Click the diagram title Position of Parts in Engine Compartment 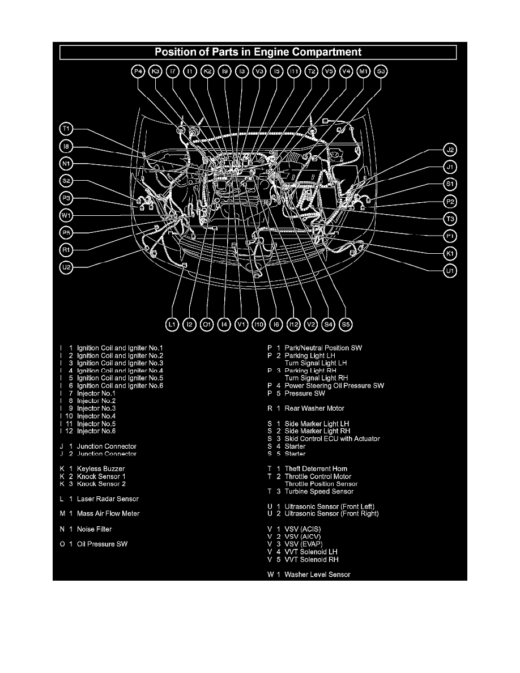[258, 52]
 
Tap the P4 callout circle [138, 71]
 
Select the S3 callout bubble [381, 71]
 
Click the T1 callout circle [66, 128]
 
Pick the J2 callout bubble [450, 150]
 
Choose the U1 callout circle [450, 271]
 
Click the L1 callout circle [173, 324]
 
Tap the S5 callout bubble [346, 324]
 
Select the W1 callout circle [66, 215]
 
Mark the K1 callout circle [450, 253]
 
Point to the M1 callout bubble [364, 71]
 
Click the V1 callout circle [242, 324]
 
